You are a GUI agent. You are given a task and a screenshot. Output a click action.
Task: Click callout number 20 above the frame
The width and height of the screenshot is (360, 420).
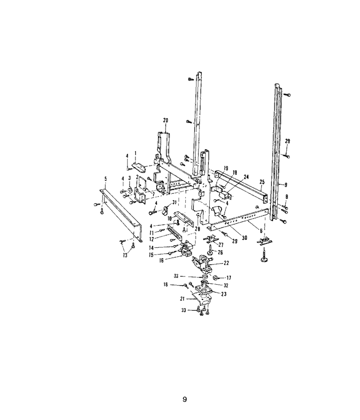(166, 121)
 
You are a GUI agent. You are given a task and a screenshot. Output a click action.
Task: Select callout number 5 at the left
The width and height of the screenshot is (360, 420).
(106, 179)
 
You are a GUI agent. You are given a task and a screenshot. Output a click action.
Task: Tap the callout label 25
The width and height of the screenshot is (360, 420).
(262, 182)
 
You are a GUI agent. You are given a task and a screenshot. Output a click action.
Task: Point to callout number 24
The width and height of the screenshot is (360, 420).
(246, 177)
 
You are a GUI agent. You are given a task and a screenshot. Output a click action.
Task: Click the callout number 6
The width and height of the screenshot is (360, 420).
(261, 231)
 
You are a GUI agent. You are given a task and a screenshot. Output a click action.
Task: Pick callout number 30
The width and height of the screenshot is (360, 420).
(244, 237)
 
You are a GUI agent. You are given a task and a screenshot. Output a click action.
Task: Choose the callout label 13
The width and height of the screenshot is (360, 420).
(125, 255)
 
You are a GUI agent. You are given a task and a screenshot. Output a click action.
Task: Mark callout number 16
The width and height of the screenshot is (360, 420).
(162, 260)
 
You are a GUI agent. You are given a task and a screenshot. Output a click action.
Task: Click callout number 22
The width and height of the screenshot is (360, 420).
(226, 263)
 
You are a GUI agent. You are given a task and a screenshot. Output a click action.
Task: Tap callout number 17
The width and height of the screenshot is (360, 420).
(229, 278)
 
